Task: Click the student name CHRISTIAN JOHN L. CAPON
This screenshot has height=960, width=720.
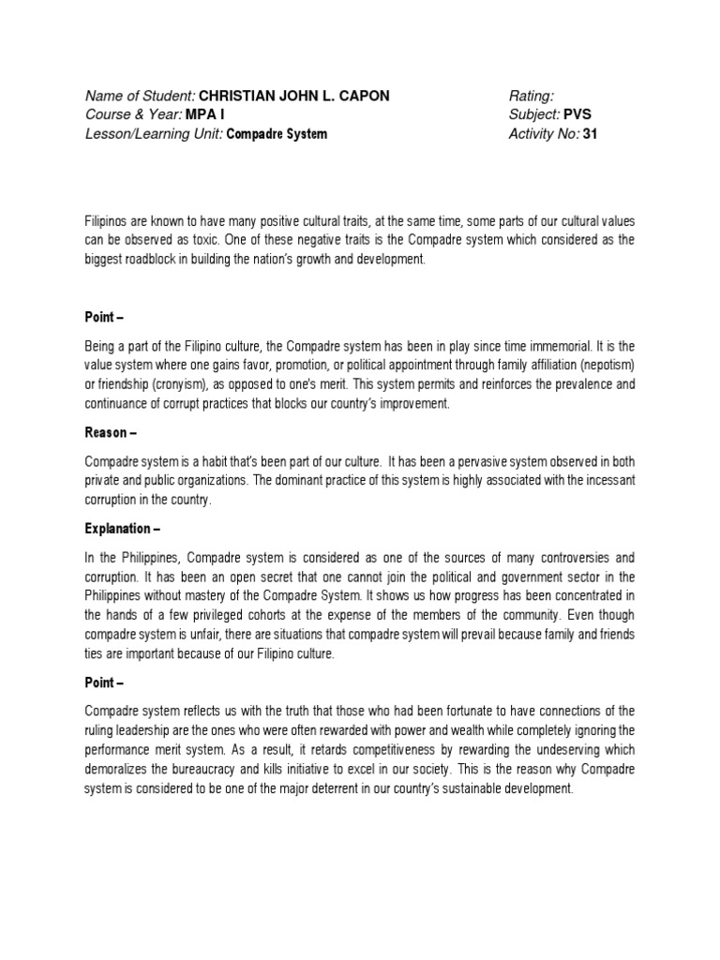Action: pos(296,96)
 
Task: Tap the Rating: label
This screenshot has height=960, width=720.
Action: pos(531,96)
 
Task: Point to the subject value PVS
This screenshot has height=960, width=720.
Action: pos(577,114)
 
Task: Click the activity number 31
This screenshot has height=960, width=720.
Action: pos(590,133)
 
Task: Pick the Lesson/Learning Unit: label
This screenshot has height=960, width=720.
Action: pos(154,133)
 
